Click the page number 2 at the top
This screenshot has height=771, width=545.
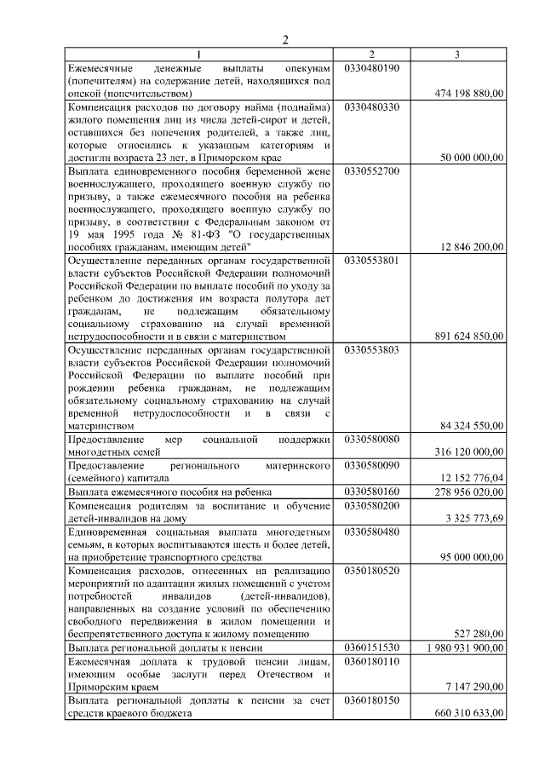(286, 39)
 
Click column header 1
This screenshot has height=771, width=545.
(202, 55)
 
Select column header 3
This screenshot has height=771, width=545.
(458, 55)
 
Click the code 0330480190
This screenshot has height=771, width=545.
(371, 67)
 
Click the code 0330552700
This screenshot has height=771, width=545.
(371, 170)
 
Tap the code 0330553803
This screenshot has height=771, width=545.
(371, 349)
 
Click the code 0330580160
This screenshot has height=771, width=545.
(371, 492)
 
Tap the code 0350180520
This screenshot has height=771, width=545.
(371, 569)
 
